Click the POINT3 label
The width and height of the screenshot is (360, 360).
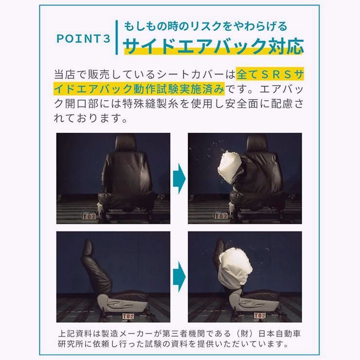pyautogui.click(x=84, y=39)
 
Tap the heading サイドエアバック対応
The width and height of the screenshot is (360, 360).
pyautogui.click(x=214, y=46)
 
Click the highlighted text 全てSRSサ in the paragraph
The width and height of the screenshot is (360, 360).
pyautogui.click(x=270, y=75)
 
